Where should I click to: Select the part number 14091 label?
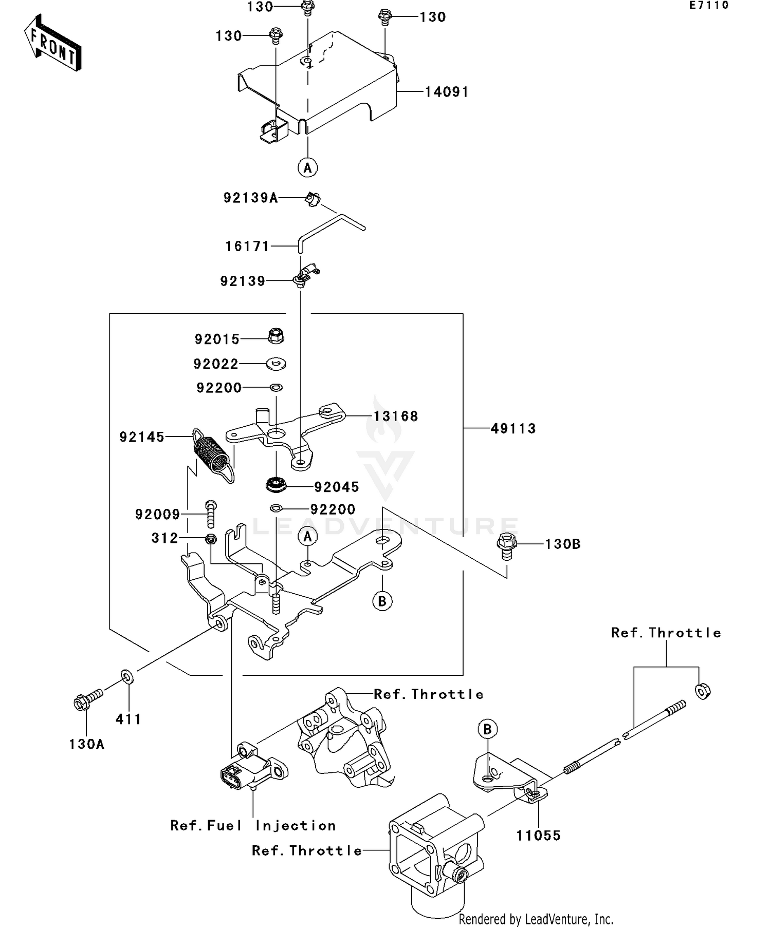coord(447,92)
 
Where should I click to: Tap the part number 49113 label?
coord(513,429)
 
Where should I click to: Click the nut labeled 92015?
coord(276,337)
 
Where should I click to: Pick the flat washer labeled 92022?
coord(276,364)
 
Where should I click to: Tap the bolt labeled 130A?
coord(85,700)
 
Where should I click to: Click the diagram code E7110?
coord(709,6)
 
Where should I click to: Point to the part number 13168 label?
coord(395,416)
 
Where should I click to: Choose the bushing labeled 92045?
coord(276,484)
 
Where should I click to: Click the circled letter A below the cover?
coord(307,167)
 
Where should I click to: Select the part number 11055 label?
coord(538,836)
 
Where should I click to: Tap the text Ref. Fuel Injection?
coord(253,825)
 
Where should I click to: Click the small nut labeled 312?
coord(210,539)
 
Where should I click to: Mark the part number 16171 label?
coord(247,247)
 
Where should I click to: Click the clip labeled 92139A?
coord(312,198)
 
